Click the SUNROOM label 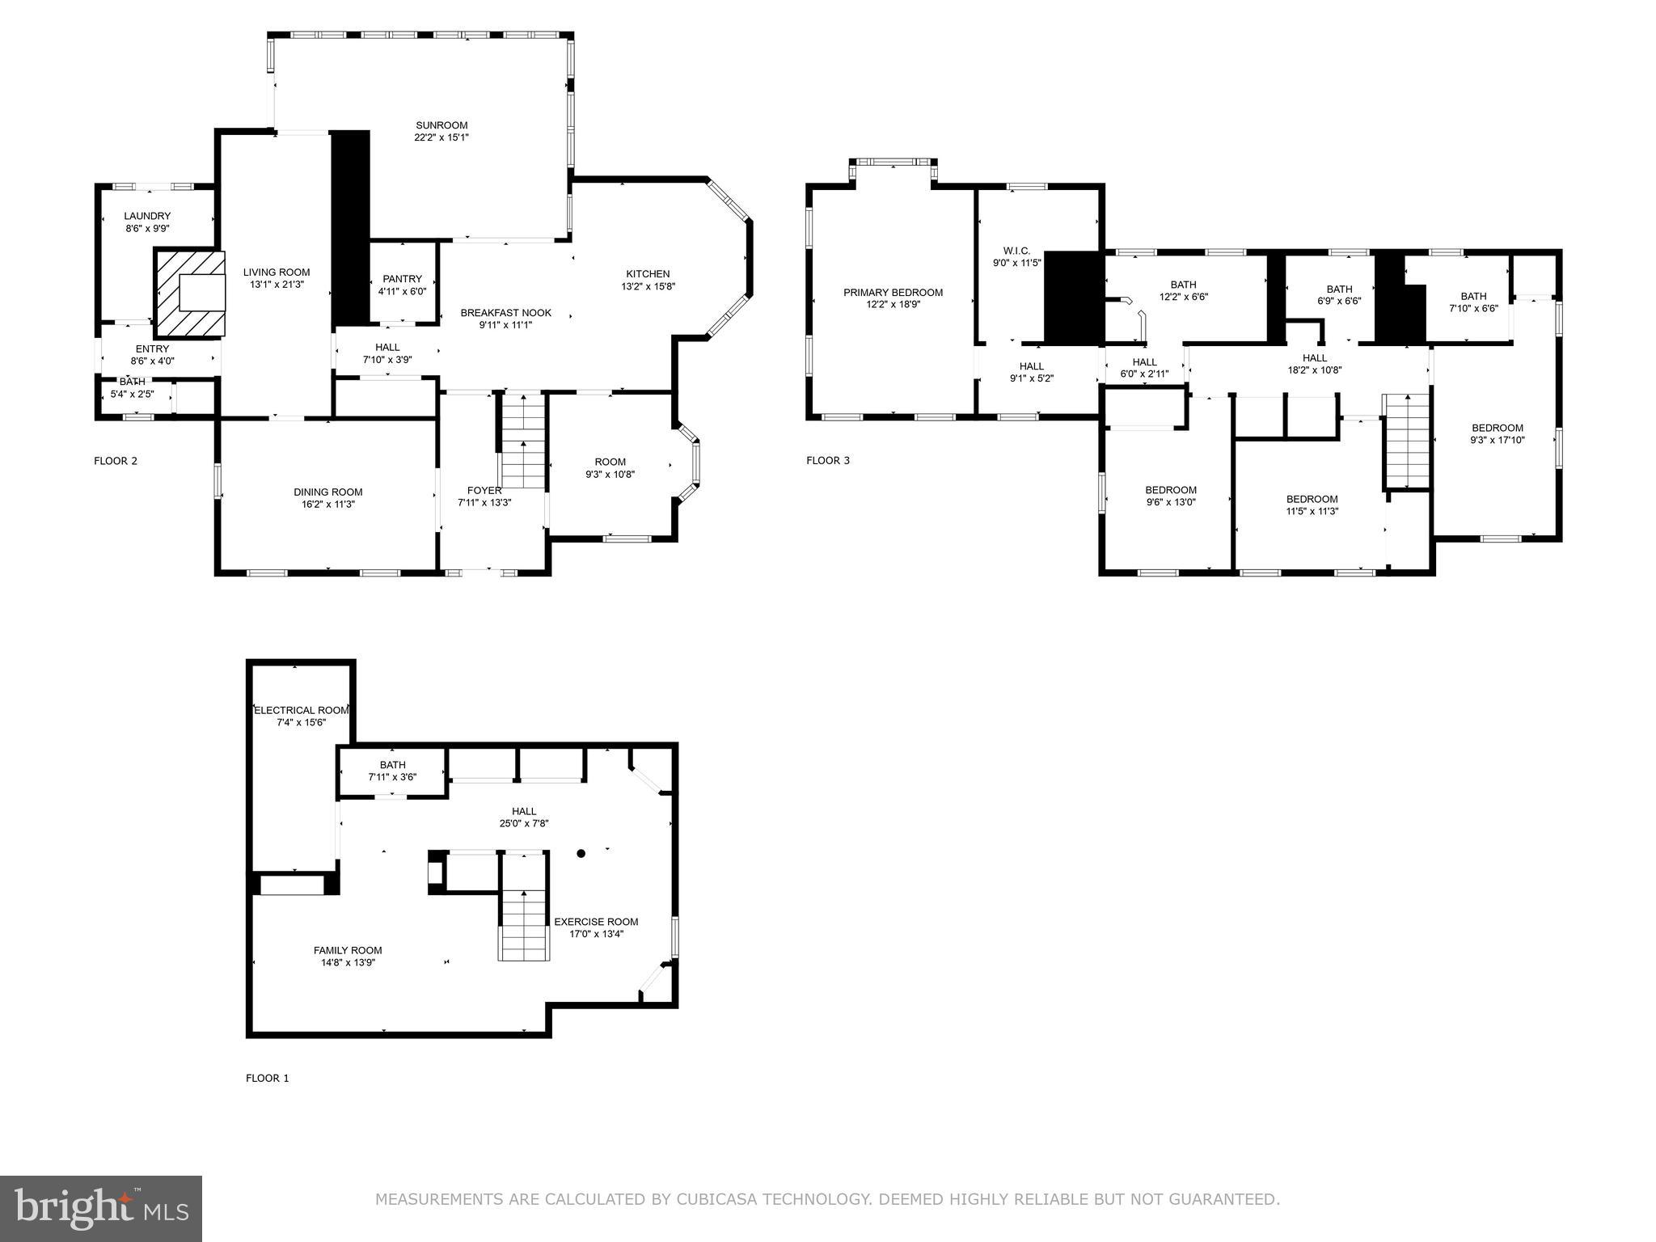(x=441, y=125)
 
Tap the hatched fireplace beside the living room (x=191, y=293)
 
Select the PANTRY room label (x=402, y=279)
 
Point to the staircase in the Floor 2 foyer (x=522, y=441)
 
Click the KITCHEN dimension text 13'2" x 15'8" (x=648, y=286)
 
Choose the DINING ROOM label (x=327, y=492)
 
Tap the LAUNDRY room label (x=147, y=216)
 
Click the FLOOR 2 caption (x=116, y=461)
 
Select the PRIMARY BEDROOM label (x=893, y=293)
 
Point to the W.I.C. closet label (x=1016, y=251)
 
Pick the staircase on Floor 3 (x=1407, y=441)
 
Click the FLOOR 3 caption (x=828, y=461)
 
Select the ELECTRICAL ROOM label (x=301, y=710)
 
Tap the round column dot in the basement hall (x=581, y=853)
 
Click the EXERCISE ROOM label (x=596, y=922)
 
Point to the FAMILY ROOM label (x=348, y=950)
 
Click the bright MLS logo (x=101, y=1208)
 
